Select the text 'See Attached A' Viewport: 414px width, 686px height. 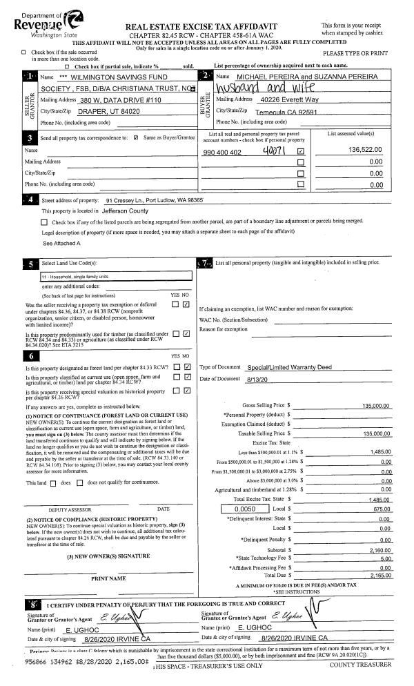tap(62, 244)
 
